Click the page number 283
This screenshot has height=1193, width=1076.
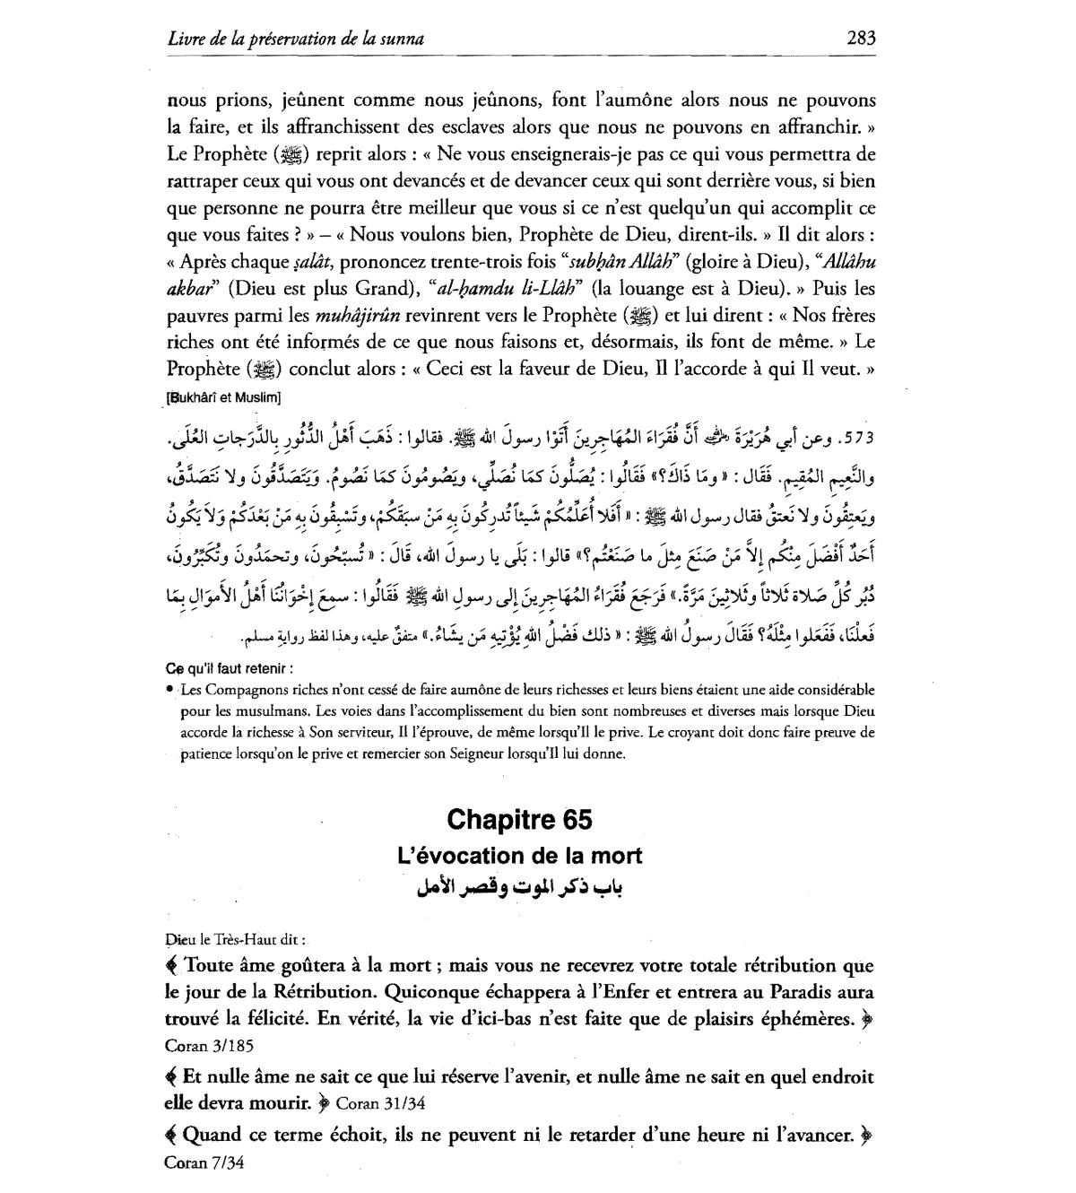(x=861, y=39)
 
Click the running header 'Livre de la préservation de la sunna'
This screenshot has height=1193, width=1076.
(x=296, y=39)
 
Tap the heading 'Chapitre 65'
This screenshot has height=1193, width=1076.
(x=519, y=820)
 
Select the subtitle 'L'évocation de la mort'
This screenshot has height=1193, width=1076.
(x=519, y=856)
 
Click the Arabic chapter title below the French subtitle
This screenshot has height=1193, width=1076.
(x=519, y=888)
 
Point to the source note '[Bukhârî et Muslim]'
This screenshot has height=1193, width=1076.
(x=224, y=396)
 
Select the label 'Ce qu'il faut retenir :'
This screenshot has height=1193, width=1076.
(x=230, y=668)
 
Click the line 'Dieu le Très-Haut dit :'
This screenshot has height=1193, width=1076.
(x=236, y=940)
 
